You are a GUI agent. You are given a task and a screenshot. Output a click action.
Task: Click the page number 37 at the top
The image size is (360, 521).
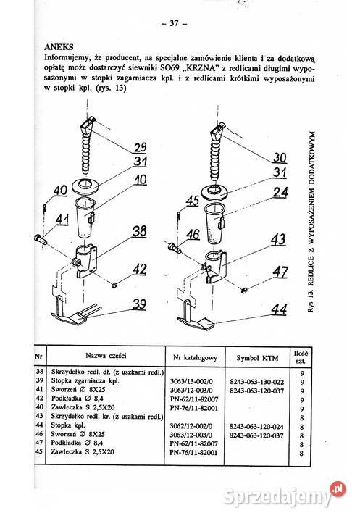click(174, 23)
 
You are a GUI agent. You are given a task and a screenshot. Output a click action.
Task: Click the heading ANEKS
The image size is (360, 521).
click(59, 47)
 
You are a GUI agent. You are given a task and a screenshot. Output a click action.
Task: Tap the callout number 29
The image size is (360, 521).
click(140, 147)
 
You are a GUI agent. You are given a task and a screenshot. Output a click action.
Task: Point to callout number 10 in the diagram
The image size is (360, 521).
click(141, 180)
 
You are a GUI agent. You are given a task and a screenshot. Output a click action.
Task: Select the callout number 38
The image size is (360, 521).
click(140, 231)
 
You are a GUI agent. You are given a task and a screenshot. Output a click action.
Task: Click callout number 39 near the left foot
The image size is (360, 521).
click(139, 304)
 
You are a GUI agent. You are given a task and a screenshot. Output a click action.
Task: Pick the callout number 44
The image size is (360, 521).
click(279, 309)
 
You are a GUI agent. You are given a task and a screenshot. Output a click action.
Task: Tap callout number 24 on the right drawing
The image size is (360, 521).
click(280, 192)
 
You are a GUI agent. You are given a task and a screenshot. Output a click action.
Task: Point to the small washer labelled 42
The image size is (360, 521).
click(114, 285)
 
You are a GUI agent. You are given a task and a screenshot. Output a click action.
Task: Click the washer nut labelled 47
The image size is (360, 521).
click(244, 290)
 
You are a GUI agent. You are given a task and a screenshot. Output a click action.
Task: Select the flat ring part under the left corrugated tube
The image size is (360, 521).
click(85, 186)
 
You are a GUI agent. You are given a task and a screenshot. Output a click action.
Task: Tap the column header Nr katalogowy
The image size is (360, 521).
click(196, 358)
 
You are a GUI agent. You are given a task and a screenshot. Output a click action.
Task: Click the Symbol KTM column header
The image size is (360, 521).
click(257, 358)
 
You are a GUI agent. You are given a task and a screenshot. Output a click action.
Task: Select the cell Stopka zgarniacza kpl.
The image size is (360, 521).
click(85, 381)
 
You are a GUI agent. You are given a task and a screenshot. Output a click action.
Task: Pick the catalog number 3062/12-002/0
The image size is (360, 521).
click(191, 426)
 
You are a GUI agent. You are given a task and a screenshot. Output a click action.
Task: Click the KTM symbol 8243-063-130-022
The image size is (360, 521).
click(256, 382)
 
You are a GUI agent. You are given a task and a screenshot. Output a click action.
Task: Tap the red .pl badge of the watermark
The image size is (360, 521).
click(338, 489)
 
